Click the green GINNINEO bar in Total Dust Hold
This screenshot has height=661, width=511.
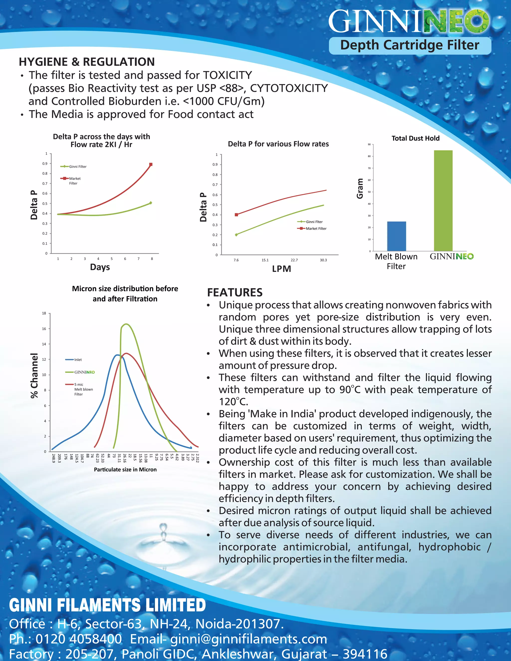(x=443, y=200)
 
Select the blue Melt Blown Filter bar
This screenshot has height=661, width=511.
(x=396, y=236)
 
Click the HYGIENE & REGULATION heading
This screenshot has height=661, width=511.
(x=87, y=62)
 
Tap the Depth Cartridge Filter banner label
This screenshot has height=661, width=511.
(x=410, y=45)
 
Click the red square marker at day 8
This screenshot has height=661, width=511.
(x=151, y=164)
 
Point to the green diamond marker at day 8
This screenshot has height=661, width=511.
(x=151, y=203)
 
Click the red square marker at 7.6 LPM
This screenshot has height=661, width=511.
(x=237, y=215)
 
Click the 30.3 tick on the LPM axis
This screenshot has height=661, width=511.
(x=323, y=260)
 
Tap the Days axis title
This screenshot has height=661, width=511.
(x=100, y=267)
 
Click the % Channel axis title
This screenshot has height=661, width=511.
(x=34, y=375)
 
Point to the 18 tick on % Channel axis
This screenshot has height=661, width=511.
(x=44, y=313)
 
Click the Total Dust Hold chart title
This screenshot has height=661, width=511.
(x=415, y=138)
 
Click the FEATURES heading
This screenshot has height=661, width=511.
(x=235, y=292)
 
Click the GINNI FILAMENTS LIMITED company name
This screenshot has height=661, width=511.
(x=108, y=605)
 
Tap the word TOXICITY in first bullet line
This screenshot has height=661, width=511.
(x=227, y=75)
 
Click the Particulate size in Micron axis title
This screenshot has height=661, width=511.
(x=125, y=469)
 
